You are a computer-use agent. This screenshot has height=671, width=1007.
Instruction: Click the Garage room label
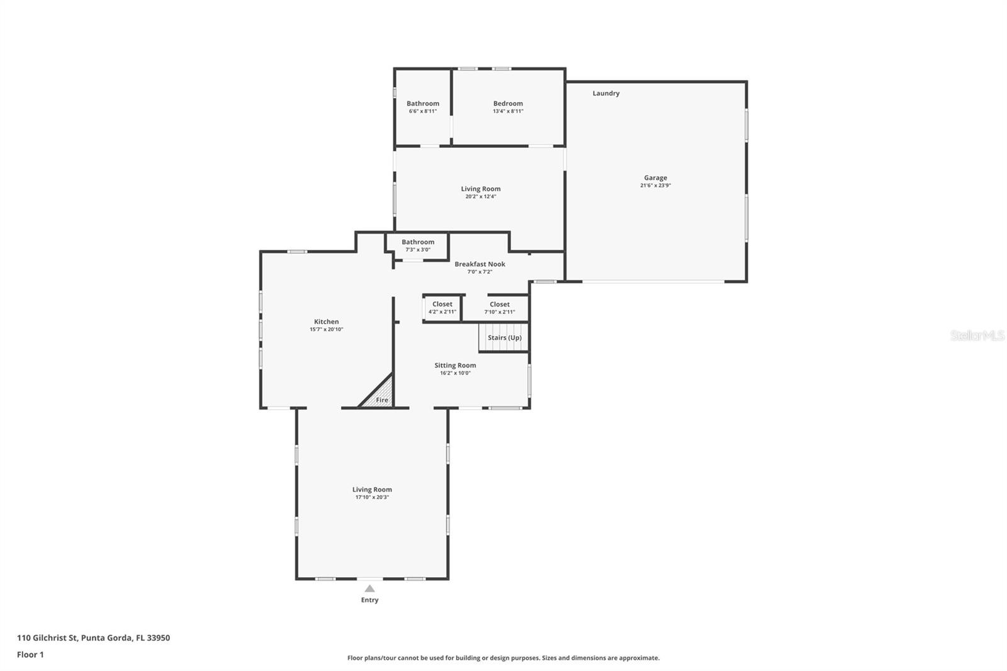click(655, 178)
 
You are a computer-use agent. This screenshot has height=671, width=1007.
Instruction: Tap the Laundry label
click(606, 93)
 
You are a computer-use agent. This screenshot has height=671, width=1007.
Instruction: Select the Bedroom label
click(508, 103)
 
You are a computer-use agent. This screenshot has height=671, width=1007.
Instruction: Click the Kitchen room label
click(327, 322)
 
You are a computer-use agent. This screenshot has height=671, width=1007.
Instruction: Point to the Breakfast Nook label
click(480, 264)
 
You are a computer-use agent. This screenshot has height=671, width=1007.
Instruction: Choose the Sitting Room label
click(455, 365)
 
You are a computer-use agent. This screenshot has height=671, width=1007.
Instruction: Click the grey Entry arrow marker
click(369, 589)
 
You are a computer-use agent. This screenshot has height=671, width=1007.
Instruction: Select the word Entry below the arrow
click(369, 600)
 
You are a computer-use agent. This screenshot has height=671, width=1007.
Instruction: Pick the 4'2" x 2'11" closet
click(442, 308)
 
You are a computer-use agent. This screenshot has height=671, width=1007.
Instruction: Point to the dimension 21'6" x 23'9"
click(655, 185)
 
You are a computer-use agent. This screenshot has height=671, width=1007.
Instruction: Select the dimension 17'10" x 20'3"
click(372, 497)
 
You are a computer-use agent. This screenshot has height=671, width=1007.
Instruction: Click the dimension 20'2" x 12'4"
click(481, 196)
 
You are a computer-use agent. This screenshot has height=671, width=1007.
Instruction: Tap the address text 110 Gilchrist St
click(47, 638)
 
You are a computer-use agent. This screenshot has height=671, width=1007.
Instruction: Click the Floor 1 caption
click(31, 655)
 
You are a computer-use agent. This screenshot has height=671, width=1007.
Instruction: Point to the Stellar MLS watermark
click(977, 335)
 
